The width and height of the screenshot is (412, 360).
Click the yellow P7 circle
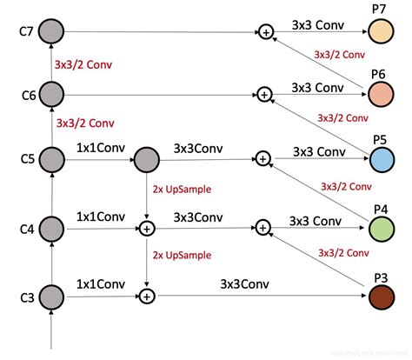[381, 32]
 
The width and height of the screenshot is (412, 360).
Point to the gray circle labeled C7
[53, 32]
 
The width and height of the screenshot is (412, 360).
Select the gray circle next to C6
[53, 93]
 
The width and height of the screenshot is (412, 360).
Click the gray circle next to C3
[53, 297]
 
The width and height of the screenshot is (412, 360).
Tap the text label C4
[26, 229]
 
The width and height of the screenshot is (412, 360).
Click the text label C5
[26, 159]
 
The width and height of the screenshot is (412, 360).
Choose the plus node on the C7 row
[263, 32]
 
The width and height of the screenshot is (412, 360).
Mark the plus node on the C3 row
[147, 297]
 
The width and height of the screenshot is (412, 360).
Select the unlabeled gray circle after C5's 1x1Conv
[146, 159]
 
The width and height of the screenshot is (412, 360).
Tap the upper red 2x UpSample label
[183, 189]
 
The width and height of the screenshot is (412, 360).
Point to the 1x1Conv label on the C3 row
[101, 283]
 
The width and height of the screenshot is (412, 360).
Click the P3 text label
[381, 277]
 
